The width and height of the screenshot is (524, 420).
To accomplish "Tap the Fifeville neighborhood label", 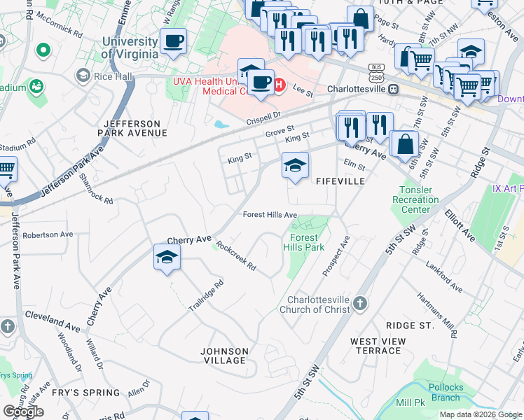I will click(x=340, y=181).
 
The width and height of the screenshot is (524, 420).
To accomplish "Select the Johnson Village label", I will click(x=224, y=356).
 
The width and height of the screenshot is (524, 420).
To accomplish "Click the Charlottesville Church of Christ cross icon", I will click(x=359, y=303).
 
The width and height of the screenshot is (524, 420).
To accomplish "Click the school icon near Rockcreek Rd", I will click(x=167, y=257).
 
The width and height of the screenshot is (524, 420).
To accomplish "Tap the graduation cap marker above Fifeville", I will click(x=295, y=166).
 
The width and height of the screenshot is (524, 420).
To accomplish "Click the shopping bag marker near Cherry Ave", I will click(x=404, y=144).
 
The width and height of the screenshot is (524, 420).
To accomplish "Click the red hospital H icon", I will click(x=279, y=85).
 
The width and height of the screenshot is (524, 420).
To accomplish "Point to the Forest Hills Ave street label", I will click(x=270, y=215).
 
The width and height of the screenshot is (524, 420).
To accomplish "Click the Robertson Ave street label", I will click(x=48, y=234).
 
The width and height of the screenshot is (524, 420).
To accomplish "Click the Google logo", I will click(x=23, y=411).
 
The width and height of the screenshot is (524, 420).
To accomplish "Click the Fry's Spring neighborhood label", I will click(x=92, y=393).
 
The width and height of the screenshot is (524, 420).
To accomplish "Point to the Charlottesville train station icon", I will click(x=394, y=90).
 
